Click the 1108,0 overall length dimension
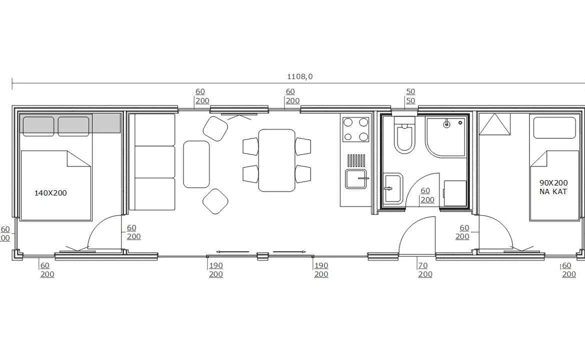[x=299, y=77]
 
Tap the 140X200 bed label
[x=50, y=193]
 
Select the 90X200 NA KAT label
[x=553, y=187]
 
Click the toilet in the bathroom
[x=405, y=134]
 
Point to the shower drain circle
[x=446, y=124]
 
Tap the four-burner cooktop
[x=355, y=129]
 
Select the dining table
[x=276, y=160]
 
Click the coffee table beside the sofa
[x=196, y=164]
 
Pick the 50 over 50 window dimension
[x=410, y=96]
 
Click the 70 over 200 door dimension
[x=425, y=269]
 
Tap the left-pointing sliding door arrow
[x=232, y=252]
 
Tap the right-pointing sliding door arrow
[x=289, y=252]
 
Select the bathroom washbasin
[x=393, y=188]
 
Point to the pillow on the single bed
[x=554, y=127]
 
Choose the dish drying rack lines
[x=356, y=160]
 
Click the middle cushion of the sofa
[x=154, y=162]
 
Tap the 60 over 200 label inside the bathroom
[x=427, y=195]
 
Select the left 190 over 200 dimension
[x=215, y=269]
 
